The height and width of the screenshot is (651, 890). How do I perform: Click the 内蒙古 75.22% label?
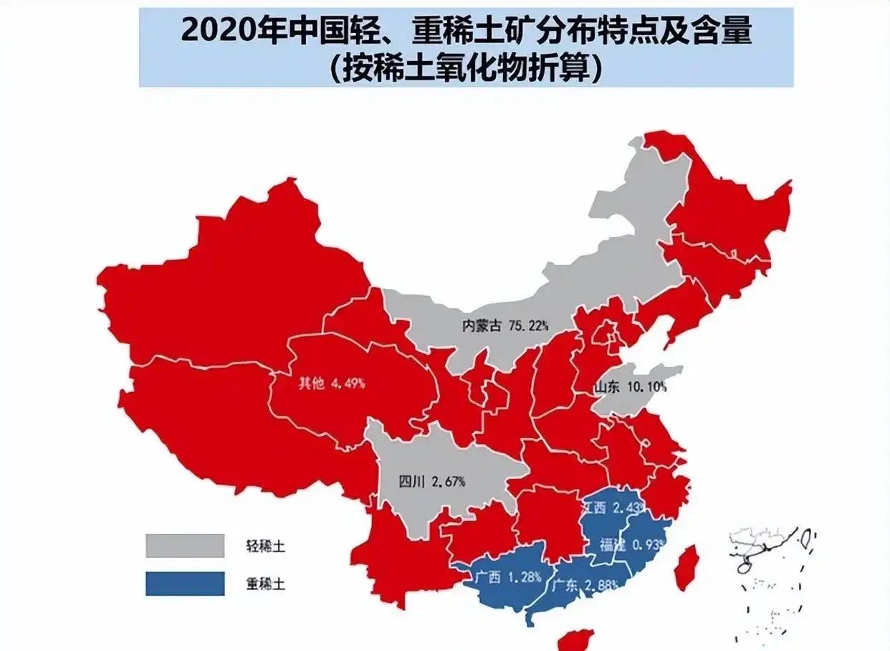tap(504, 325)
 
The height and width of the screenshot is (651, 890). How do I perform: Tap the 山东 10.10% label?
tap(630, 388)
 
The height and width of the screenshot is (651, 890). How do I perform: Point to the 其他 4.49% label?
tap(331, 383)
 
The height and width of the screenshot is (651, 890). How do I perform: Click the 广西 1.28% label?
tap(507, 576)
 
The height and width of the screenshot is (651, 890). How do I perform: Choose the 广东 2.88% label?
tap(584, 585)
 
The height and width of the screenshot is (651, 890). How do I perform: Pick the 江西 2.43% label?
tap(610, 508)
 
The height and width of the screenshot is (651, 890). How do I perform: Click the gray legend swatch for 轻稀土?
tap(185, 546)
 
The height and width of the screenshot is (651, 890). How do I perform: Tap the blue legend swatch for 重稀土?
tap(185, 584)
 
